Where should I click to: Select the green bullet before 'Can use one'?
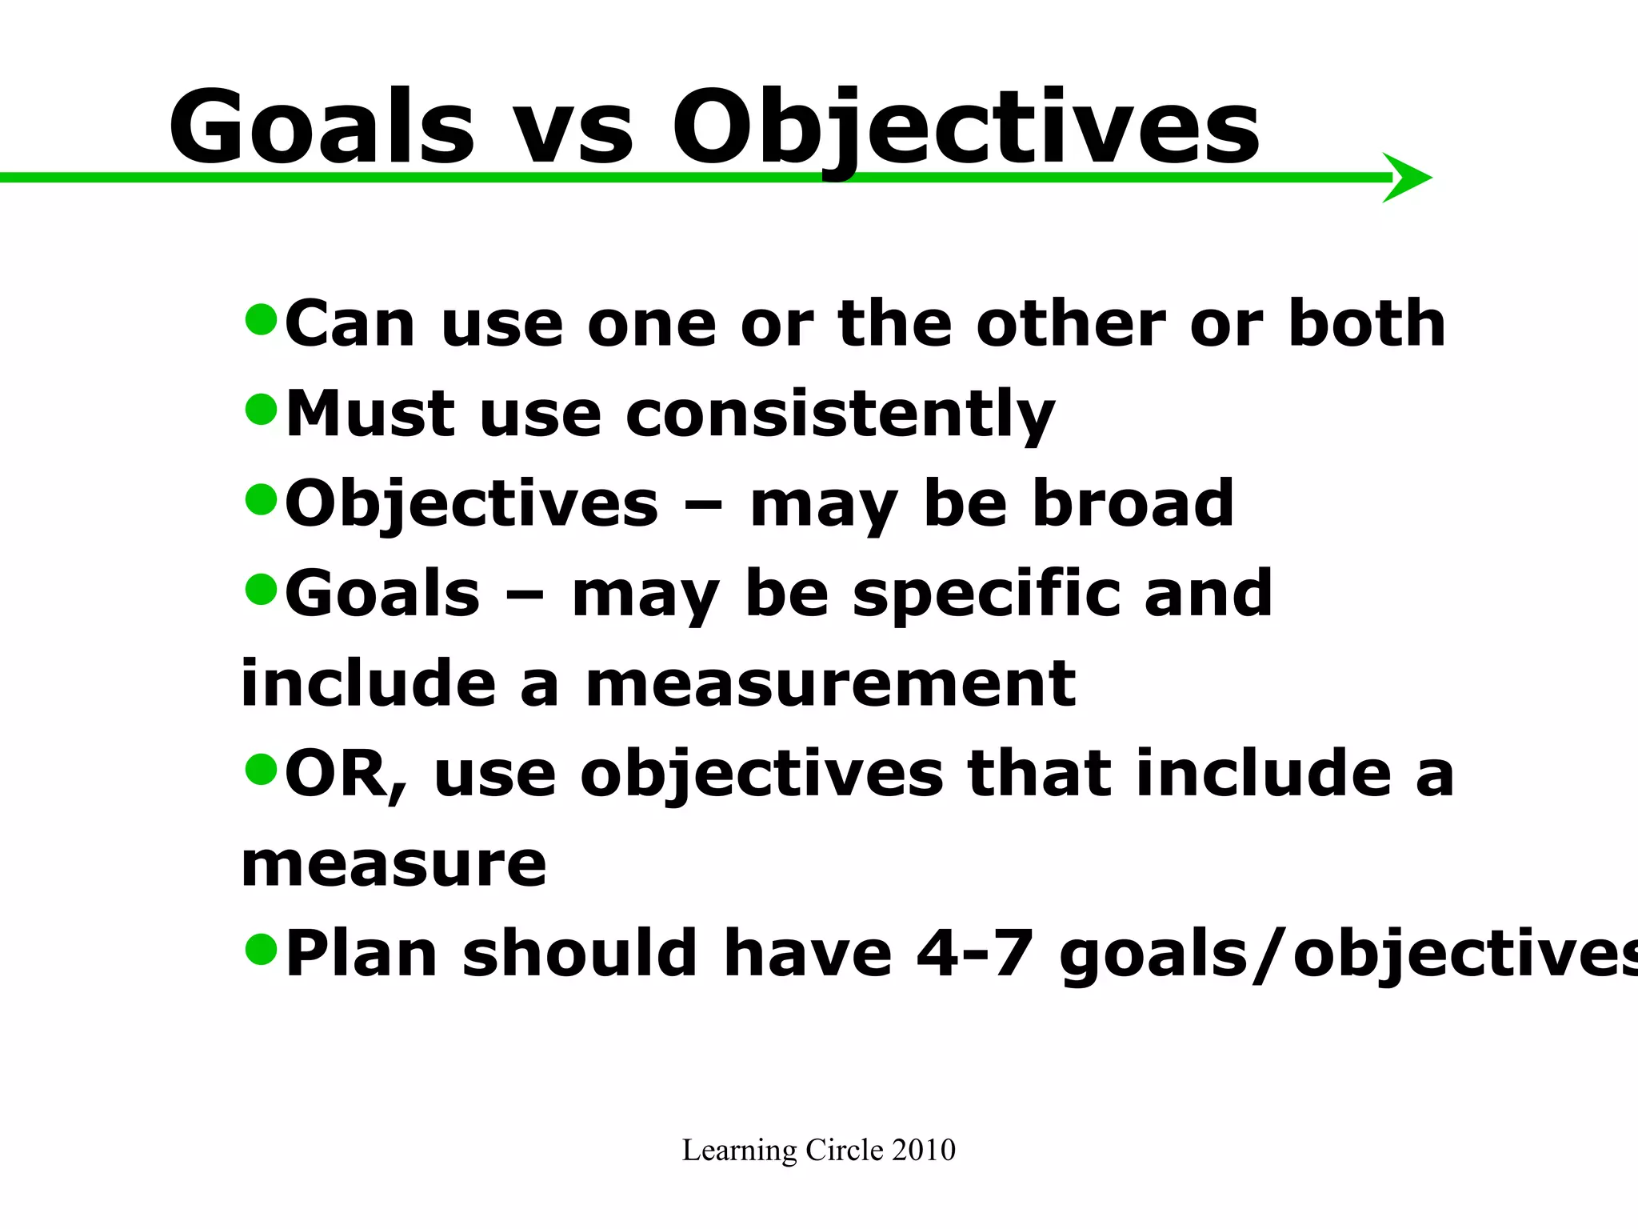(261, 319)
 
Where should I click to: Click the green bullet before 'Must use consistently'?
(261, 409)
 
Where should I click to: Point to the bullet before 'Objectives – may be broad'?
(261, 499)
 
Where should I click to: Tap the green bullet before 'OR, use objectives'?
(261, 769)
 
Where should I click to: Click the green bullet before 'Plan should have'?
(261, 949)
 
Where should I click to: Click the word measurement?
(830, 684)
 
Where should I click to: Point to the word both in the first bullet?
(1366, 324)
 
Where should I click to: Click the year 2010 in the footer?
(924, 1150)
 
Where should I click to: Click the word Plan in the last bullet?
(361, 954)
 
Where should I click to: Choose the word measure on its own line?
(394, 864)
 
